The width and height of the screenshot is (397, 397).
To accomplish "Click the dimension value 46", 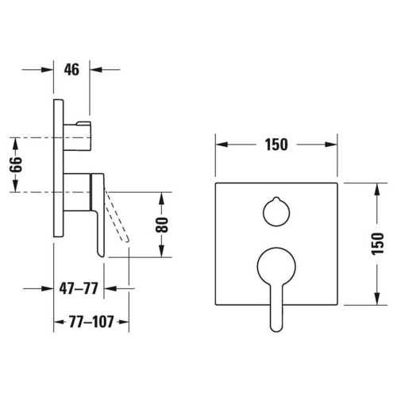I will tap(71, 69).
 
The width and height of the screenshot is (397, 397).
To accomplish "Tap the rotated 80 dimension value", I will tap(164, 224).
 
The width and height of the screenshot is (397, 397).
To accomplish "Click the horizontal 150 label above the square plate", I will tap(276, 145).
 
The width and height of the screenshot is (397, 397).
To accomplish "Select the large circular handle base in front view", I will tap(276, 264).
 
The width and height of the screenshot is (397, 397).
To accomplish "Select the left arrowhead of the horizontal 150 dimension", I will tap(219, 145).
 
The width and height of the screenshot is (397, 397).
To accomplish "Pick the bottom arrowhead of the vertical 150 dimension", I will tap(373, 300).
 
